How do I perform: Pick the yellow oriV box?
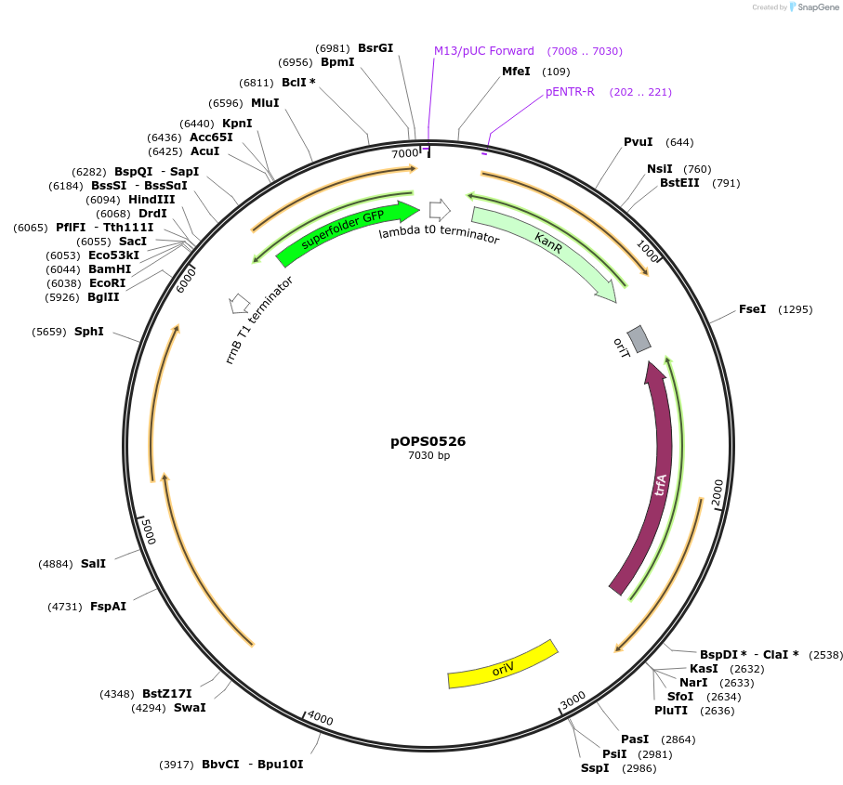click(x=502, y=665)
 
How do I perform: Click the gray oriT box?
click(x=638, y=338)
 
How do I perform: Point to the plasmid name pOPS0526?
click(x=428, y=441)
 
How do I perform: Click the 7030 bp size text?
click(x=428, y=455)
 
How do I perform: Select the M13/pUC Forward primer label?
click(x=484, y=51)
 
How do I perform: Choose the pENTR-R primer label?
click(x=570, y=92)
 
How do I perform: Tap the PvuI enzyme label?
click(x=638, y=142)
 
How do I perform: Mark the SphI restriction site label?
click(x=88, y=331)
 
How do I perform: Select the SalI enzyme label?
click(x=93, y=563)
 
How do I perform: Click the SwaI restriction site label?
click(x=190, y=707)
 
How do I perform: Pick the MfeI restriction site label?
click(x=516, y=72)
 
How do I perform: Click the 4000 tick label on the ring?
click(x=320, y=719)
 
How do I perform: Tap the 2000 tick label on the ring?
click(x=717, y=492)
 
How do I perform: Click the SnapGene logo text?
click(x=815, y=7)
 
